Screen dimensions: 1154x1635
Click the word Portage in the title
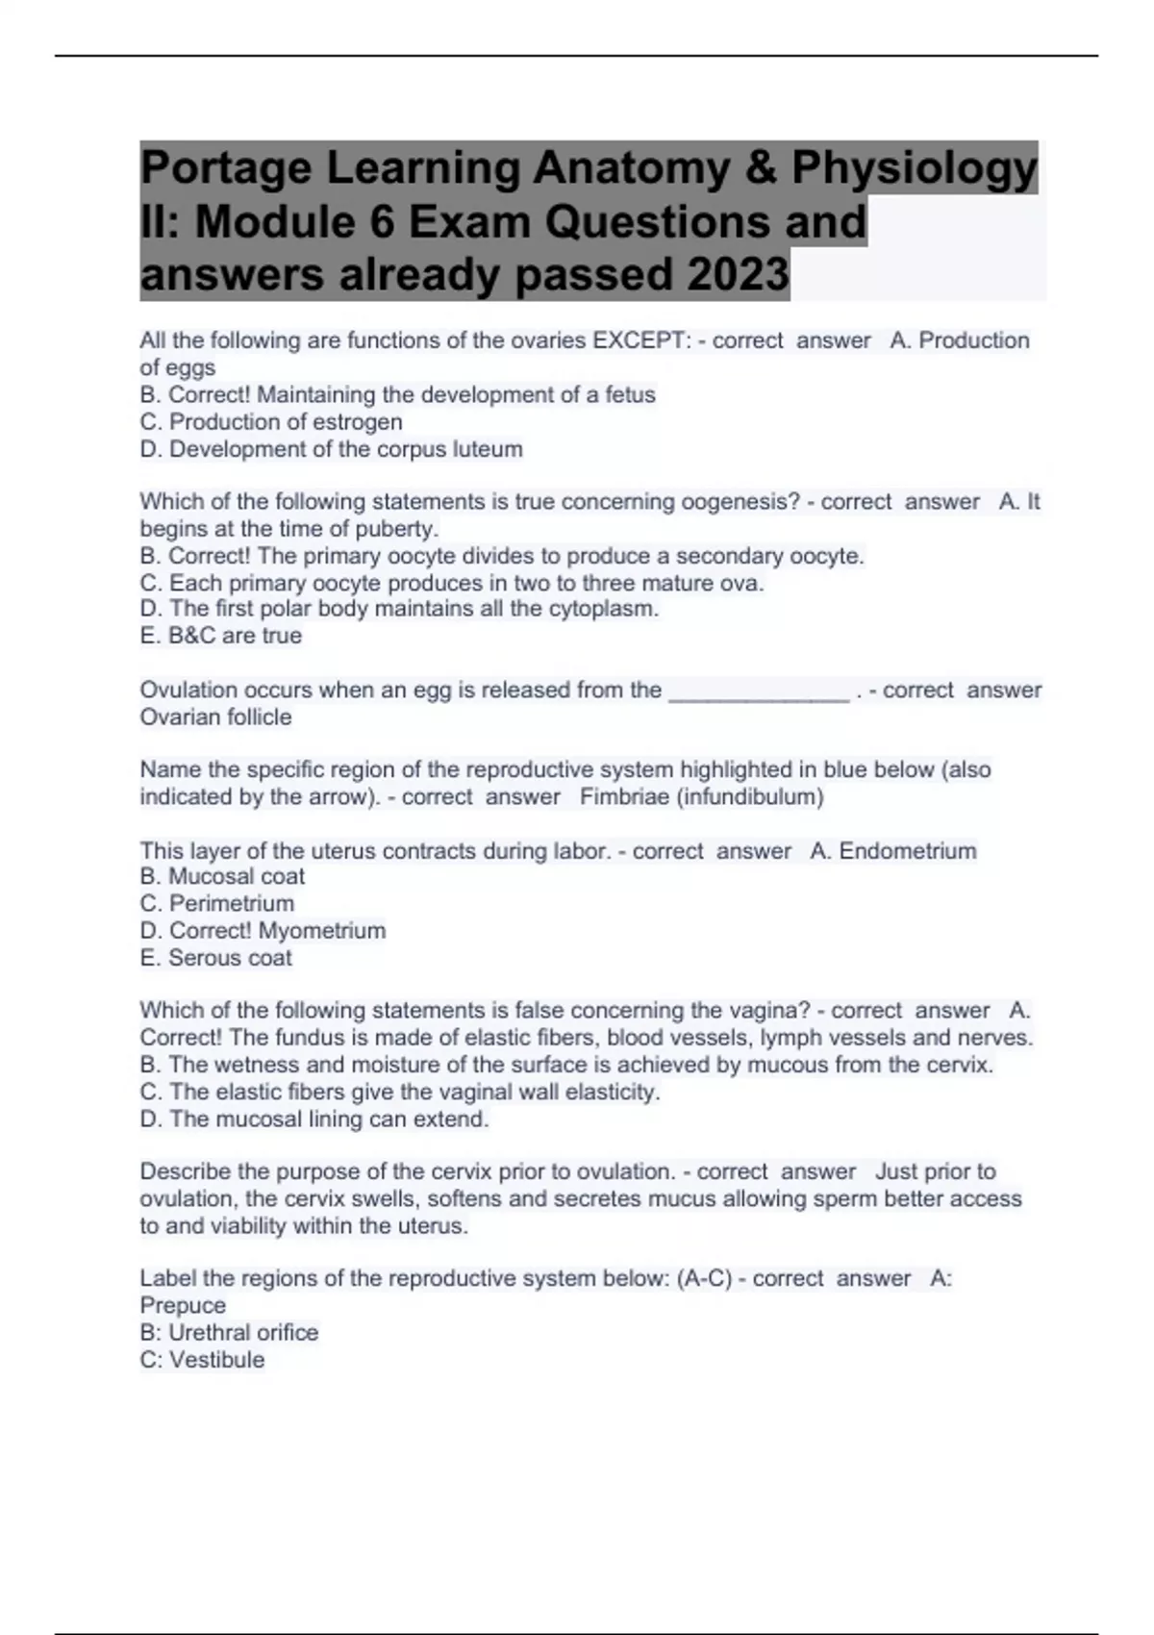(226, 169)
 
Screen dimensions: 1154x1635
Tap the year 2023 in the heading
(737, 275)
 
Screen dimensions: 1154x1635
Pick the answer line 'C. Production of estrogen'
(271, 422)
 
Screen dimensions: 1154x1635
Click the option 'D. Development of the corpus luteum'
(332, 449)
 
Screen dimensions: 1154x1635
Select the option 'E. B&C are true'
(221, 636)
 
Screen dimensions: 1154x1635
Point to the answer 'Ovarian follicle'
(215, 717)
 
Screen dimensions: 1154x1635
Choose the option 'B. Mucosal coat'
(222, 877)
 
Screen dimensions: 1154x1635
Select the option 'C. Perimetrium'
(217, 904)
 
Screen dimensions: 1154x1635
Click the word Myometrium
(322, 931)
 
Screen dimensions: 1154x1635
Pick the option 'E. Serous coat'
(215, 958)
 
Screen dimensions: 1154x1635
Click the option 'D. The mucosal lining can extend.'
(314, 1119)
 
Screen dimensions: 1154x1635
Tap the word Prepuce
(183, 1306)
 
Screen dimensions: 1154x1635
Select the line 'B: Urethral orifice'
(229, 1333)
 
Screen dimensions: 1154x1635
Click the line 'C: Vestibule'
(202, 1360)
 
